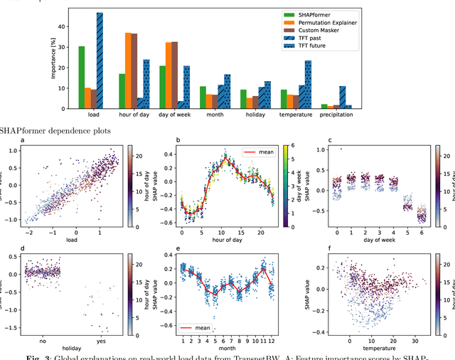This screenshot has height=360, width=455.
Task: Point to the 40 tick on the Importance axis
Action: (61, 26)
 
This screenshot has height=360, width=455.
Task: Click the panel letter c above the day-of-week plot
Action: (320, 140)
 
